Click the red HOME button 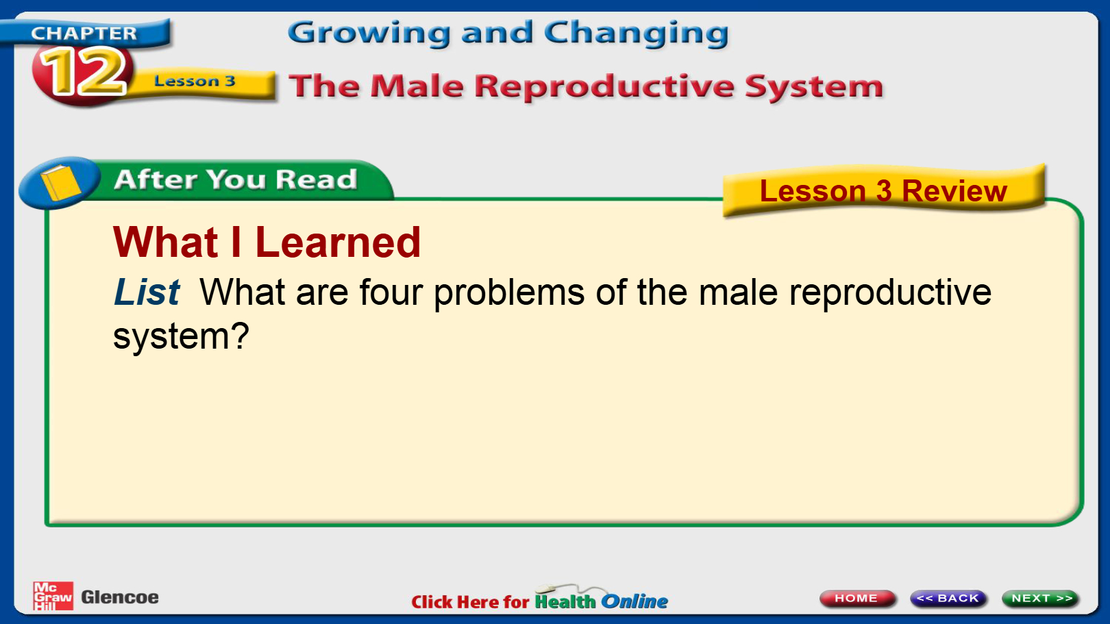pos(856,598)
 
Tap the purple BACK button pos(948,598)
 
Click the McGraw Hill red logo pos(53,596)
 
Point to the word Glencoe pos(120,597)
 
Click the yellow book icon pos(60,183)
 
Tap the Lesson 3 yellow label pos(195,82)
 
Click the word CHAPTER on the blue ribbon pos(84,33)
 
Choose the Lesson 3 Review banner pos(883,191)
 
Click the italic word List pos(147,292)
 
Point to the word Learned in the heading pos(338,242)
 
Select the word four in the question pos(391,292)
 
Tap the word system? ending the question pos(181,337)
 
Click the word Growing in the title pos(369,34)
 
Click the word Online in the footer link pos(634,601)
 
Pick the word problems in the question pos(509,292)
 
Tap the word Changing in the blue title pos(637,34)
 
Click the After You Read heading pos(236,179)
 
